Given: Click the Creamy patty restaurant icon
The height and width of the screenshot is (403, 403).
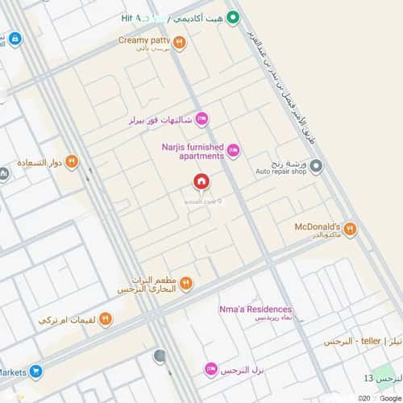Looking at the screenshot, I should pyautogui.click(x=179, y=43).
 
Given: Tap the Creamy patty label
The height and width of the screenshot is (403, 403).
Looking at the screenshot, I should pyautogui.click(x=143, y=39).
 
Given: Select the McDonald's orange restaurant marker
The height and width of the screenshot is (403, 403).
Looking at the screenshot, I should pyautogui.click(x=350, y=230).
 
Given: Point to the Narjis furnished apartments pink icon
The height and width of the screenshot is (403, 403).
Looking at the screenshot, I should pyautogui.click(x=233, y=150).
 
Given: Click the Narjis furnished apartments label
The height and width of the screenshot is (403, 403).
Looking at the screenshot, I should pyautogui.click(x=194, y=152).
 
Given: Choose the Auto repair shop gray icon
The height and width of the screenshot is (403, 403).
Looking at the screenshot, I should pyautogui.click(x=317, y=167).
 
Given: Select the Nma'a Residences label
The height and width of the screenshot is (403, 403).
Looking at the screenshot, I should pyautogui.click(x=255, y=309).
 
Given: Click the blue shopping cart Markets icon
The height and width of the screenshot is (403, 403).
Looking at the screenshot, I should pyautogui.click(x=35, y=372).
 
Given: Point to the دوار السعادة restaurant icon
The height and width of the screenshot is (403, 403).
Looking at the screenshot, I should pyautogui.click(x=72, y=161).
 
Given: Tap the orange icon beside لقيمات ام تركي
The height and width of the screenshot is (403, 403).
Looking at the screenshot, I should pyautogui.click(x=106, y=320).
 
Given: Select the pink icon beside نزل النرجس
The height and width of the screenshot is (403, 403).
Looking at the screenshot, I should pyautogui.click(x=210, y=369).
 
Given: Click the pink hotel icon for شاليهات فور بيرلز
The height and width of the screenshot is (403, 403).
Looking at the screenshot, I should pyautogui.click(x=201, y=119).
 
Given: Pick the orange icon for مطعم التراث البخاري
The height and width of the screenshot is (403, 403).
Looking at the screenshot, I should pyautogui.click(x=186, y=283).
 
